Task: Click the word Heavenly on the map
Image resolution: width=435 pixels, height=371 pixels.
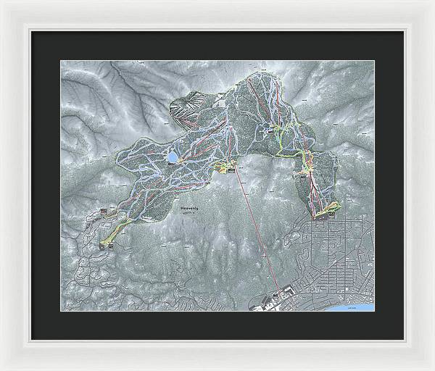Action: point(188,207)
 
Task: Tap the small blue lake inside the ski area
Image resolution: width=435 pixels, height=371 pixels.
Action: point(173,156)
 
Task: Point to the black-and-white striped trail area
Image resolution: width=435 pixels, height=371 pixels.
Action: point(183,109)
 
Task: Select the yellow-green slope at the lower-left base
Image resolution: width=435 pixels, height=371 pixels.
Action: point(110,233)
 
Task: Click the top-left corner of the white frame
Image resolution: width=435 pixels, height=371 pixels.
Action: point(2,2)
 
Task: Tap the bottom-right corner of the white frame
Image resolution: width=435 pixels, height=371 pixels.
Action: point(432,368)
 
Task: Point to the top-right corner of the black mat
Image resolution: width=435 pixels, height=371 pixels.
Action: point(403,31)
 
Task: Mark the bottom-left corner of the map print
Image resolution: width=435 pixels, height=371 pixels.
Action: point(61,310)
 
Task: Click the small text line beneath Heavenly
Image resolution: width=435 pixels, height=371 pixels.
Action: point(188,214)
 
